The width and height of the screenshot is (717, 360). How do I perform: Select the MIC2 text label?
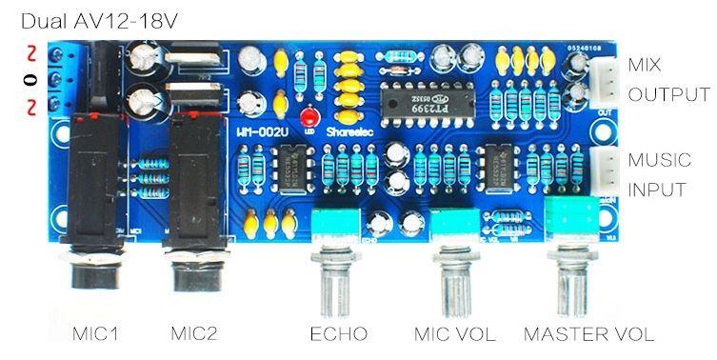[x=194, y=334]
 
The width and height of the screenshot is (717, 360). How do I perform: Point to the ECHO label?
[x=339, y=334]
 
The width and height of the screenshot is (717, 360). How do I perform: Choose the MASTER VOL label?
[x=589, y=334]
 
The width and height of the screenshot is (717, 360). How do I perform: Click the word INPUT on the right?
[x=657, y=189]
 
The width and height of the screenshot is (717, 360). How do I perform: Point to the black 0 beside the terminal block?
[x=32, y=80]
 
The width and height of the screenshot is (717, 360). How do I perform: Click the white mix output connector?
[x=604, y=80]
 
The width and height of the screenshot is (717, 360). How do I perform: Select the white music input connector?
[x=604, y=170]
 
